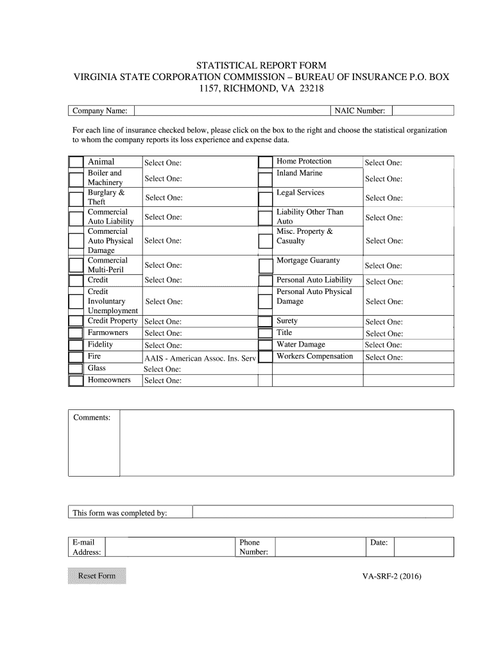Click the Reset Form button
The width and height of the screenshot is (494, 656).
pyautogui.click(x=97, y=576)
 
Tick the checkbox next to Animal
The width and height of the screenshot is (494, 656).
pyautogui.click(x=76, y=162)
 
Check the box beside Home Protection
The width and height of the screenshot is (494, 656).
pyautogui.click(x=265, y=162)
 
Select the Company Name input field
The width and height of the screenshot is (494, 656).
pyautogui.click(x=231, y=111)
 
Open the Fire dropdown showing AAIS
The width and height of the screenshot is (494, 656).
pyautogui.click(x=200, y=358)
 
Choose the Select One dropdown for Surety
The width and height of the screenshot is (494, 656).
pyautogui.click(x=384, y=322)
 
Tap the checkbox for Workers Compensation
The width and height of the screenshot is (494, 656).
pyautogui.click(x=265, y=357)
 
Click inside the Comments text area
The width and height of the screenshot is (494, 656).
pyautogui.click(x=287, y=443)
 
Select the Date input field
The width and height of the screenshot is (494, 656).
pyautogui.click(x=423, y=546)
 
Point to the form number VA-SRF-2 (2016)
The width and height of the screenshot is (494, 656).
pyautogui.click(x=391, y=576)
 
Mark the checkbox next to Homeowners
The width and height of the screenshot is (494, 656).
pyautogui.click(x=76, y=381)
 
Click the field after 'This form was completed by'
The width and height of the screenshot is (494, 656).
pyautogui.click(x=323, y=511)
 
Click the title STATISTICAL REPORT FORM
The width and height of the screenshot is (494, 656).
pyautogui.click(x=260, y=66)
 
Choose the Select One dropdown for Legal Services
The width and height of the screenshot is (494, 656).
pyautogui.click(x=384, y=198)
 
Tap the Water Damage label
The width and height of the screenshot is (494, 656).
pyautogui.click(x=300, y=345)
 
